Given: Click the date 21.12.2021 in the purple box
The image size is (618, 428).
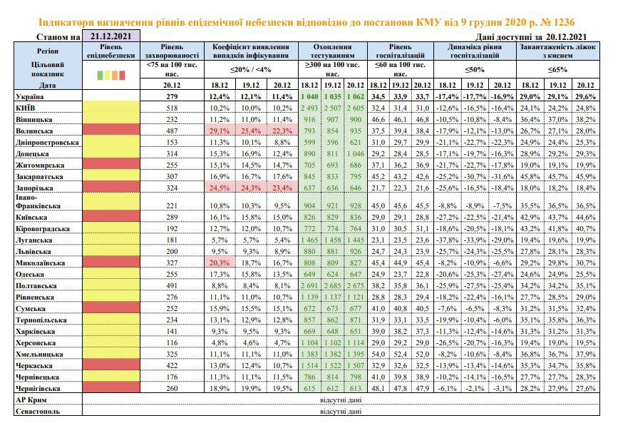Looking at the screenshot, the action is (x=110, y=36).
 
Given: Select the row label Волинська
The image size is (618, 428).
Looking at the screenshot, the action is (x=34, y=131).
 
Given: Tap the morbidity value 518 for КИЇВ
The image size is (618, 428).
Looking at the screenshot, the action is (x=172, y=108).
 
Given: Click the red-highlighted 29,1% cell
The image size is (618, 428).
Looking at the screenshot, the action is (x=220, y=131).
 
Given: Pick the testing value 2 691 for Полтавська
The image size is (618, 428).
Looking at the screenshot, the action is (x=309, y=285).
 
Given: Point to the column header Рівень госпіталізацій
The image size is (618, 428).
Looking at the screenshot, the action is (x=400, y=51).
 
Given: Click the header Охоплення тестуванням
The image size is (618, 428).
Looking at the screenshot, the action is (x=332, y=51).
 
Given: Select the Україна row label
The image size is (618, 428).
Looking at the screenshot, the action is (x=29, y=96).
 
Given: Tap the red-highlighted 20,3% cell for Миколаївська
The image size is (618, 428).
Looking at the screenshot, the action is (x=220, y=263).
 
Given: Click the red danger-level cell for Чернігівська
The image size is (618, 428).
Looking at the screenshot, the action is (x=111, y=387).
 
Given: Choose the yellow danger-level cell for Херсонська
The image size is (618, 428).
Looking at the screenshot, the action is (x=111, y=342).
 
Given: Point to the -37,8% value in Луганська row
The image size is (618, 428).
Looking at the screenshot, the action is (x=447, y=240).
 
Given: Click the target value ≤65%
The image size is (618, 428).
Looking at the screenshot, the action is (x=557, y=69).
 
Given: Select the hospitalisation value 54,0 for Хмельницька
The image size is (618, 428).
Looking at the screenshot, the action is (x=378, y=354).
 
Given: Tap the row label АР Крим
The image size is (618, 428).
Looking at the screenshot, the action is (x=31, y=399).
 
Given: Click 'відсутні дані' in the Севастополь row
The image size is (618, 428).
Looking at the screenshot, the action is (x=341, y=411).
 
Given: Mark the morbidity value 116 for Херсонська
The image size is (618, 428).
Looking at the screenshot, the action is (x=172, y=342).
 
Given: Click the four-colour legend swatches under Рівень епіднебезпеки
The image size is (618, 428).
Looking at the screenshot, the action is (x=111, y=75).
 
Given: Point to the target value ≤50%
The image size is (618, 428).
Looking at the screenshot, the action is (x=475, y=69).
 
